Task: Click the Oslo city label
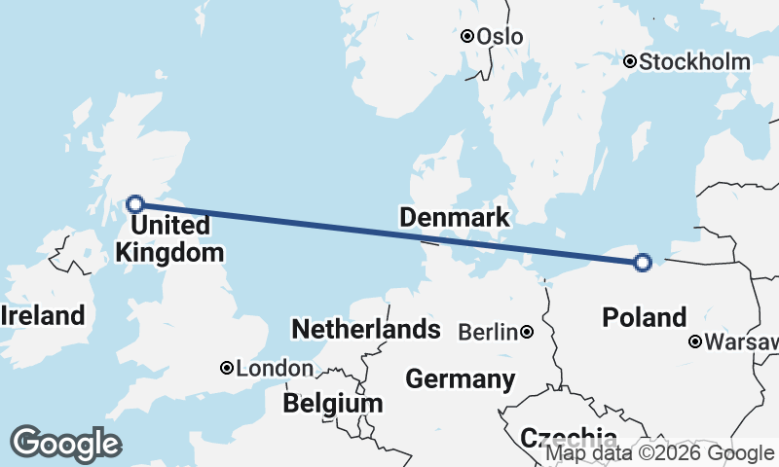click(x=501, y=37)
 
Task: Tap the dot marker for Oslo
click(x=467, y=36)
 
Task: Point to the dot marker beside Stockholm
click(x=631, y=61)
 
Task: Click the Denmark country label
click(x=454, y=217)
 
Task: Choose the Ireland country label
click(x=43, y=315)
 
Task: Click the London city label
click(x=275, y=369)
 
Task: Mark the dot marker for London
click(x=227, y=368)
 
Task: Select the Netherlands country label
click(x=366, y=329)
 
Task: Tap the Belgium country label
click(x=333, y=403)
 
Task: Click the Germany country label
click(x=461, y=378)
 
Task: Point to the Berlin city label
click(x=487, y=333)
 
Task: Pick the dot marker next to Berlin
click(x=527, y=332)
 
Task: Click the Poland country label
click(x=645, y=317)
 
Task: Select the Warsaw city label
click(x=742, y=342)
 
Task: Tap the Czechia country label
click(x=569, y=437)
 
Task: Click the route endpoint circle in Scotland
click(x=136, y=203)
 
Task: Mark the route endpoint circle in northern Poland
click(x=642, y=262)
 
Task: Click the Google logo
click(x=65, y=444)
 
